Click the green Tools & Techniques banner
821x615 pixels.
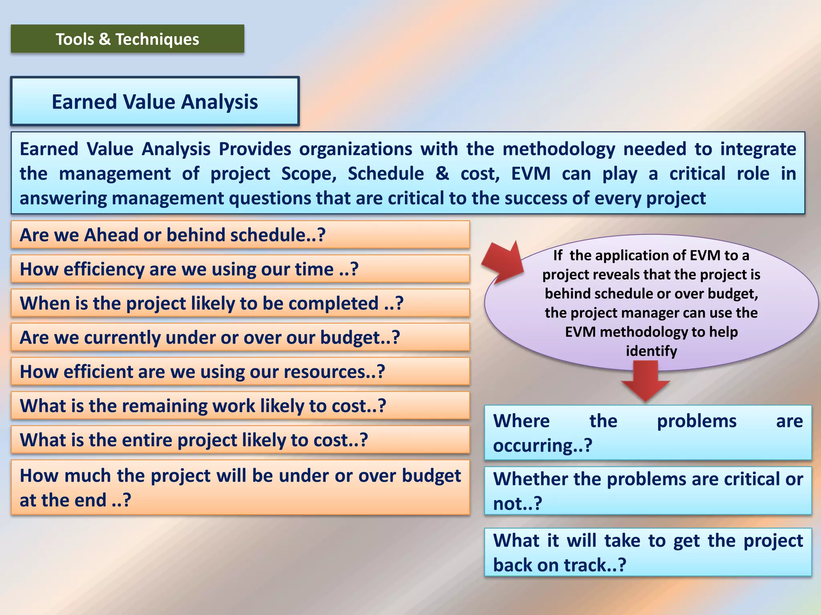click(127, 39)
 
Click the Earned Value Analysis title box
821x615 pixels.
click(155, 101)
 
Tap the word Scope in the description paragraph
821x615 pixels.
click(309, 173)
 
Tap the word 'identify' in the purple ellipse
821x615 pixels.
click(651, 351)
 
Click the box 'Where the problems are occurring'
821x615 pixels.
click(647, 432)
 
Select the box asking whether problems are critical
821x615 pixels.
click(647, 490)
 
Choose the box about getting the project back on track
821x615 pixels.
click(647, 552)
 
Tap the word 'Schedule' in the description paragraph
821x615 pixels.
click(386, 173)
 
